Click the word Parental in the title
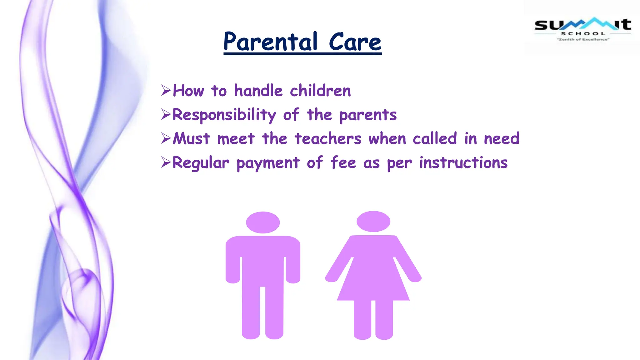(270, 42)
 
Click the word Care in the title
(355, 42)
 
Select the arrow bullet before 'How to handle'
(166, 90)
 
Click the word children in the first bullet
(320, 91)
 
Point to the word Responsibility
(224, 115)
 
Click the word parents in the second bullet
(368, 115)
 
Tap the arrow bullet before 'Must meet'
(166, 138)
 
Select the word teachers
(328, 139)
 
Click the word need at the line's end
(502, 139)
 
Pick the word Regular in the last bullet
(201, 163)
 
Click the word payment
(268, 163)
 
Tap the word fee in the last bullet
(343, 162)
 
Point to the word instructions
(463, 163)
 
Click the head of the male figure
(263, 222)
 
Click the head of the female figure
(373, 221)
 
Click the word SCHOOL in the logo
(583, 34)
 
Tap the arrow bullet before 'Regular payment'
(166, 162)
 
